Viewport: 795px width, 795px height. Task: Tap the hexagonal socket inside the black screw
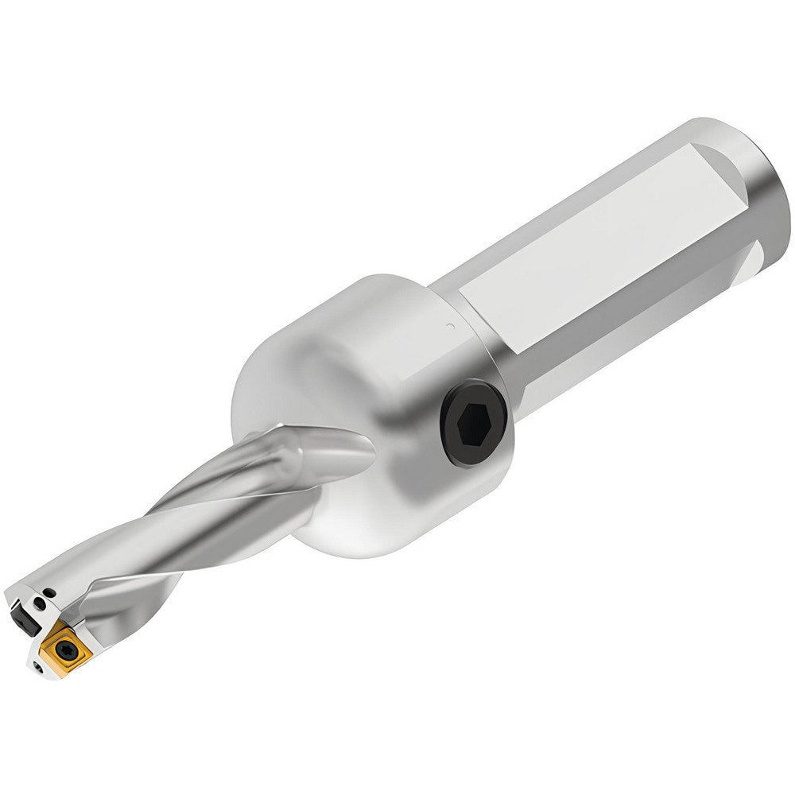[x=475, y=420]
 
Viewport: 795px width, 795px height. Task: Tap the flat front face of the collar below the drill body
[x=334, y=517]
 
